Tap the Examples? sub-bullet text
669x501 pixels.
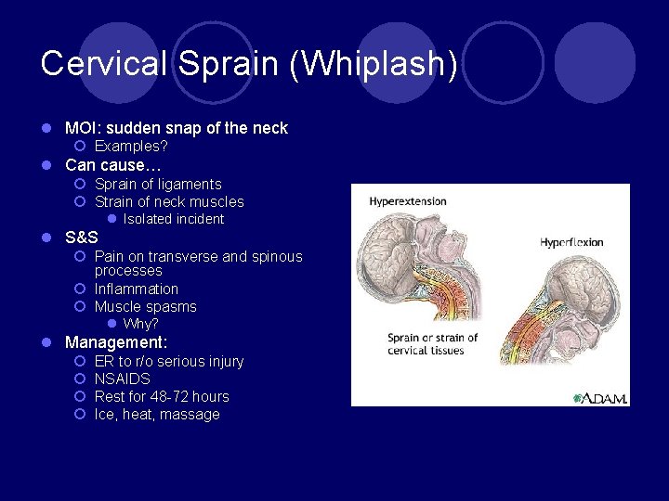(x=131, y=147)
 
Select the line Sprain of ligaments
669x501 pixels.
(x=158, y=184)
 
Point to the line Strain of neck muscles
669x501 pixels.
(x=169, y=201)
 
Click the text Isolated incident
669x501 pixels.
(x=174, y=219)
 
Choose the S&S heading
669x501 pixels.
(x=81, y=238)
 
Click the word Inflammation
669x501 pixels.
(x=137, y=289)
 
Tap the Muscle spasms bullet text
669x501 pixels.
(x=146, y=306)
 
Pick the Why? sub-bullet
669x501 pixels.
(x=141, y=324)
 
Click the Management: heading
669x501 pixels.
(x=116, y=342)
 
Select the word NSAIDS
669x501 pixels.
(x=123, y=379)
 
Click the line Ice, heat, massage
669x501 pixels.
(x=157, y=415)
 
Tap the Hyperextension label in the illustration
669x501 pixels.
(x=408, y=201)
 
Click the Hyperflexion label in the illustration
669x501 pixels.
(x=571, y=242)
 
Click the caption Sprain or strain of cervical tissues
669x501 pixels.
(x=432, y=344)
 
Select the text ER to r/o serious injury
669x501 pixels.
(x=169, y=361)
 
